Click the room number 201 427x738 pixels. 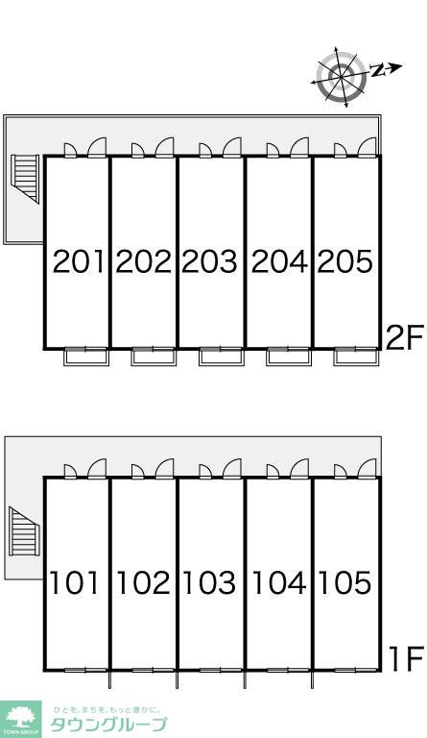(x=78, y=261)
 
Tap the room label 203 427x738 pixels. (x=209, y=261)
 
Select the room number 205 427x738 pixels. (x=345, y=261)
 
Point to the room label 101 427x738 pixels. (x=75, y=582)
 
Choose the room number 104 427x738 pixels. (x=279, y=582)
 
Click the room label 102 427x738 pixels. (x=143, y=582)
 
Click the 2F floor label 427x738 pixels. (x=405, y=337)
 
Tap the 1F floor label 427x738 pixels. (x=407, y=659)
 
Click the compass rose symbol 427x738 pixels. (x=342, y=77)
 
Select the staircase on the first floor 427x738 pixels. (x=24, y=531)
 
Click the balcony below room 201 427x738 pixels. (x=86, y=357)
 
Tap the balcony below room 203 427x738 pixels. (x=222, y=357)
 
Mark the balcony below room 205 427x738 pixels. (x=357, y=357)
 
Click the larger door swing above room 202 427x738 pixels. (x=165, y=147)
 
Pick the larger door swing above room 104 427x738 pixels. (x=299, y=468)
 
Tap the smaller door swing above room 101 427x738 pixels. (x=70, y=471)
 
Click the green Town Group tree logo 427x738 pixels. (x=21, y=719)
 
